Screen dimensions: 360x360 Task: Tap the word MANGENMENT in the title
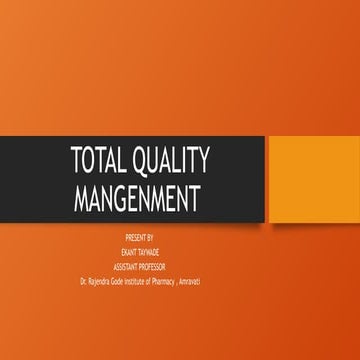click(138, 195)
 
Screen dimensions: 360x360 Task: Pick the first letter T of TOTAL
click(76, 161)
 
